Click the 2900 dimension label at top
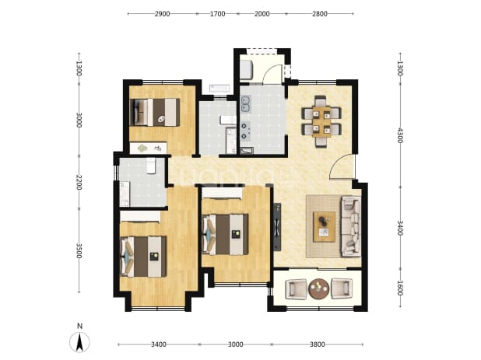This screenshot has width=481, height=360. pos(162,14)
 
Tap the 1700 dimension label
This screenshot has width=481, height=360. pos(217,14)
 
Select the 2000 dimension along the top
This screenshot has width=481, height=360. pos(262,14)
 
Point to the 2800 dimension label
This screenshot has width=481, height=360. pos(320,14)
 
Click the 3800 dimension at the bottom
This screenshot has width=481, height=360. pos(318,344)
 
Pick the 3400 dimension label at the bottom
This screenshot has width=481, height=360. pos(159,344)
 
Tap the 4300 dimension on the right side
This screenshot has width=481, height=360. pos(400,135)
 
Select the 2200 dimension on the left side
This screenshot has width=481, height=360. pos(79,182)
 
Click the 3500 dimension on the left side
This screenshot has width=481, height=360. pos(79,251)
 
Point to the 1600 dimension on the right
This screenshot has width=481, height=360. pos(400,288)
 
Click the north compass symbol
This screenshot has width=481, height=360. pos(79,339)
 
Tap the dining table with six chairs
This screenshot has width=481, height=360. pos(321,121)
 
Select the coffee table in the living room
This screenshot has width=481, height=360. pos(324,227)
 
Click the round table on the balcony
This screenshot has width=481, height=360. pos(319,288)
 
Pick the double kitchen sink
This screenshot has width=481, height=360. pos(246,104)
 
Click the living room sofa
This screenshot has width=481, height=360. pos(351,226)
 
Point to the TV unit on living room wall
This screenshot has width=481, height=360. pos(277,227)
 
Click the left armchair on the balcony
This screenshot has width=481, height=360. pos(296,288)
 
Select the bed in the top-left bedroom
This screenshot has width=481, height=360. pos(155,112)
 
